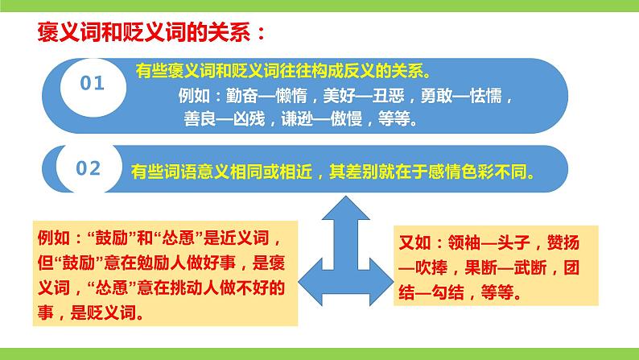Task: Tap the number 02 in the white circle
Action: click(x=89, y=168)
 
